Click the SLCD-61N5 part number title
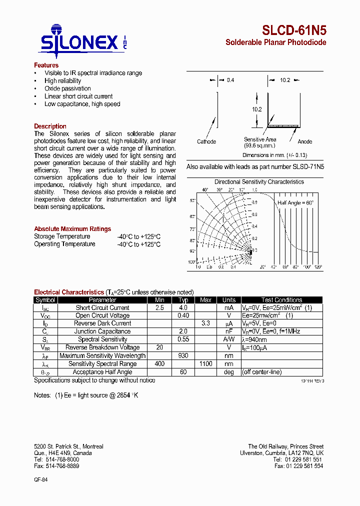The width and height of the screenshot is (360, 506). coord(294,30)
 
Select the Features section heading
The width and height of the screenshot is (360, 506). coord(46,65)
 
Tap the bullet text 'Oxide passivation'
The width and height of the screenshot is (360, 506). coord(67,88)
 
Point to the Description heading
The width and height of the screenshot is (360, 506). coord(50,126)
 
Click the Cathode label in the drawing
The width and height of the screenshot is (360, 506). coord(206,141)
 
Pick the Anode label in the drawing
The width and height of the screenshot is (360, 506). coord(304,141)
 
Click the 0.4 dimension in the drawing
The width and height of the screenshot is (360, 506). coord(230,80)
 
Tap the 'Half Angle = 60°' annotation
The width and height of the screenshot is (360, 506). coord(295,202)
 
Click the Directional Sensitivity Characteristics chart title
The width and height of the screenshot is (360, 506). coord(259,182)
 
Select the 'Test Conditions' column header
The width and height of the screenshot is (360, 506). coord(281,300)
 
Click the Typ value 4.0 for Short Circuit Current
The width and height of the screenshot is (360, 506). coord(183,307)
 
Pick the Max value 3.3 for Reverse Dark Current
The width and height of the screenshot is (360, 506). coord(205,323)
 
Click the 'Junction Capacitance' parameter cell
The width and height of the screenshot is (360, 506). coord(102,331)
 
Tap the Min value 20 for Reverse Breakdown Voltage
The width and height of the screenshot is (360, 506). coord(159,347)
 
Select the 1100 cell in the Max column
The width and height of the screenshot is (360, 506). coord(205,364)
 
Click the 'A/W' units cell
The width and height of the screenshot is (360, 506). coord(229,339)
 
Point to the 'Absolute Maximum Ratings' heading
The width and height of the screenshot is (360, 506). coord(72,229)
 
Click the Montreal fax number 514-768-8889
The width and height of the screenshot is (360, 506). coord(56,466)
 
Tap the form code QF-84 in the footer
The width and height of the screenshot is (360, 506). coord(40,479)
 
